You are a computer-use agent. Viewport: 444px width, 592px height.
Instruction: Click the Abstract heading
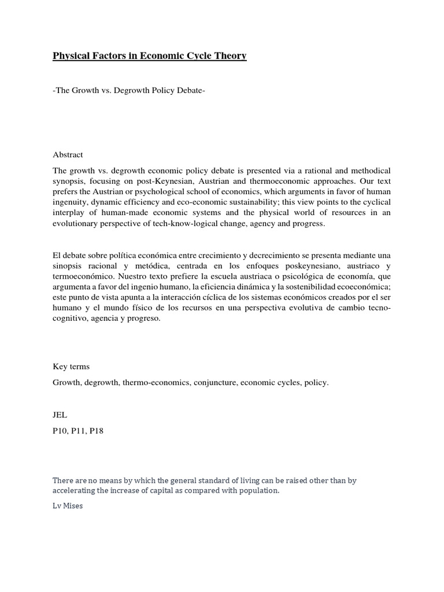[x=68, y=154]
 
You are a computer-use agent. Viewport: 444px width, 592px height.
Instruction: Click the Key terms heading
[x=71, y=367]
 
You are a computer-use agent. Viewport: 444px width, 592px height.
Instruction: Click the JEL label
[x=60, y=415]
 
